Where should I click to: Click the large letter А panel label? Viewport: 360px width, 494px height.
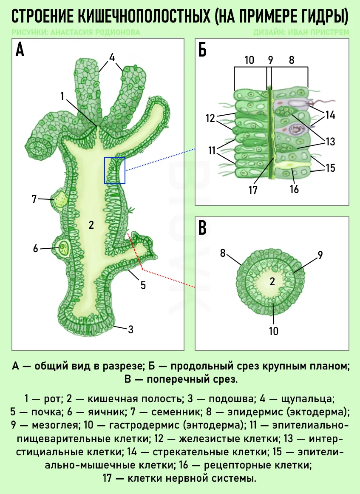[x=20, y=50]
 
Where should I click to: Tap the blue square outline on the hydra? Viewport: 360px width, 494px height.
[x=115, y=170]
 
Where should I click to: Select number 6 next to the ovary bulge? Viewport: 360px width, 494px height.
[x=35, y=248]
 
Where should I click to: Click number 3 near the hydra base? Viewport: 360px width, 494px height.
[x=131, y=329]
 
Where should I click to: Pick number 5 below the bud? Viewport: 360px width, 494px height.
[x=143, y=285]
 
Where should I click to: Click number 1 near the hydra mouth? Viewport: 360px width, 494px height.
[x=62, y=96]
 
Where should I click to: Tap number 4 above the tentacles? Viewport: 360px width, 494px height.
[x=112, y=57]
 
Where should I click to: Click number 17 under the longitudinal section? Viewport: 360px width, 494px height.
[x=253, y=190]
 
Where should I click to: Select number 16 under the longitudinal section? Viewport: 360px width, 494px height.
[x=294, y=189]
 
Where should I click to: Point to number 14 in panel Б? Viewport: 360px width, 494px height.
[x=330, y=115]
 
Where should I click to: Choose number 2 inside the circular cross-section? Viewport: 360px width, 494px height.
[x=272, y=281]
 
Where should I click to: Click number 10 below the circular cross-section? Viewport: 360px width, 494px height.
[x=274, y=330]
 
